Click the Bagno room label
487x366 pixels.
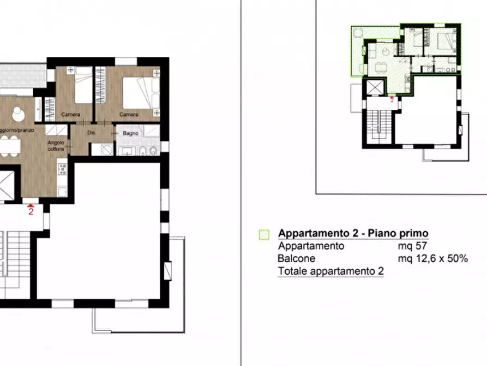130,133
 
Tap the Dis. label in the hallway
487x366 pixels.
92,133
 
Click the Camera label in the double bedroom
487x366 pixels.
129,115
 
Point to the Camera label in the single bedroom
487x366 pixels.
71,115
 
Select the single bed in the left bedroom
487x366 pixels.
82,85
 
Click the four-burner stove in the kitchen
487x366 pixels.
62,170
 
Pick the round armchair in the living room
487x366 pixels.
17,113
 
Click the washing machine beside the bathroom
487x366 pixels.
103,149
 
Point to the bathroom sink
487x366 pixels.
124,151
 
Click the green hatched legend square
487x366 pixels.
264,234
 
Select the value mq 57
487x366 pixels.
412,246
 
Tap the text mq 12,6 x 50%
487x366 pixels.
432,258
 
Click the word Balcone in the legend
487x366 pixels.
296,258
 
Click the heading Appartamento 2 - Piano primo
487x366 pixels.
353,233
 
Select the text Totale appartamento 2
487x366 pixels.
330,271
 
